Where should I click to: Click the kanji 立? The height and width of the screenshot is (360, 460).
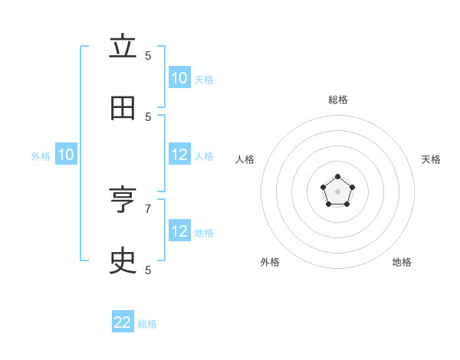click(123, 47)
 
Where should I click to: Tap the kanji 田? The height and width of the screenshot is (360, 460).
click(123, 109)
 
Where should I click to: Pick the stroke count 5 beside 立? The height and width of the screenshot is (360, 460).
click(148, 55)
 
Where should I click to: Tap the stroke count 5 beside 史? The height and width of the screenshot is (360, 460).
click(148, 270)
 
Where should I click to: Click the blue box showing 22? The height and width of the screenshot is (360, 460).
click(123, 322)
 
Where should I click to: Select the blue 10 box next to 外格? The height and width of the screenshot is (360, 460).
click(66, 155)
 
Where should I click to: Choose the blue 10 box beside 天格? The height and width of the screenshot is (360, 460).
click(179, 78)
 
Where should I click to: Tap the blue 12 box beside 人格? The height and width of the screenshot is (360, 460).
click(179, 155)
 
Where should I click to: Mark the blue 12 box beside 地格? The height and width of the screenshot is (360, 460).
click(179, 231)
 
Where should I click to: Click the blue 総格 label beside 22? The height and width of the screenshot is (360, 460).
click(147, 324)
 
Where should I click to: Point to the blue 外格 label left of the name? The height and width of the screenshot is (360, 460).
click(41, 156)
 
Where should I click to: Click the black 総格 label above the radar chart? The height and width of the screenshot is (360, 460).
click(338, 100)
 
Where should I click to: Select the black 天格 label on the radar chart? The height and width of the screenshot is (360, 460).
click(431, 159)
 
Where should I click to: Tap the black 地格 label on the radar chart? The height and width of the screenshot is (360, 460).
click(402, 262)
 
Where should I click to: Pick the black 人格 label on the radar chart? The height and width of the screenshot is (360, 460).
click(245, 159)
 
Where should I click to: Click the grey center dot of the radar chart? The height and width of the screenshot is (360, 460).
click(338, 191)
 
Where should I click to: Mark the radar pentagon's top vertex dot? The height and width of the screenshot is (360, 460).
click(338, 177)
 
